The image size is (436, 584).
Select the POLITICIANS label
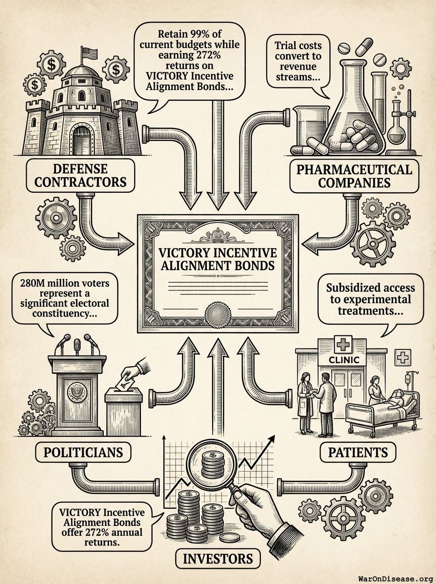click(84, 452)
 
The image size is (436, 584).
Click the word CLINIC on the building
click(344, 360)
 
